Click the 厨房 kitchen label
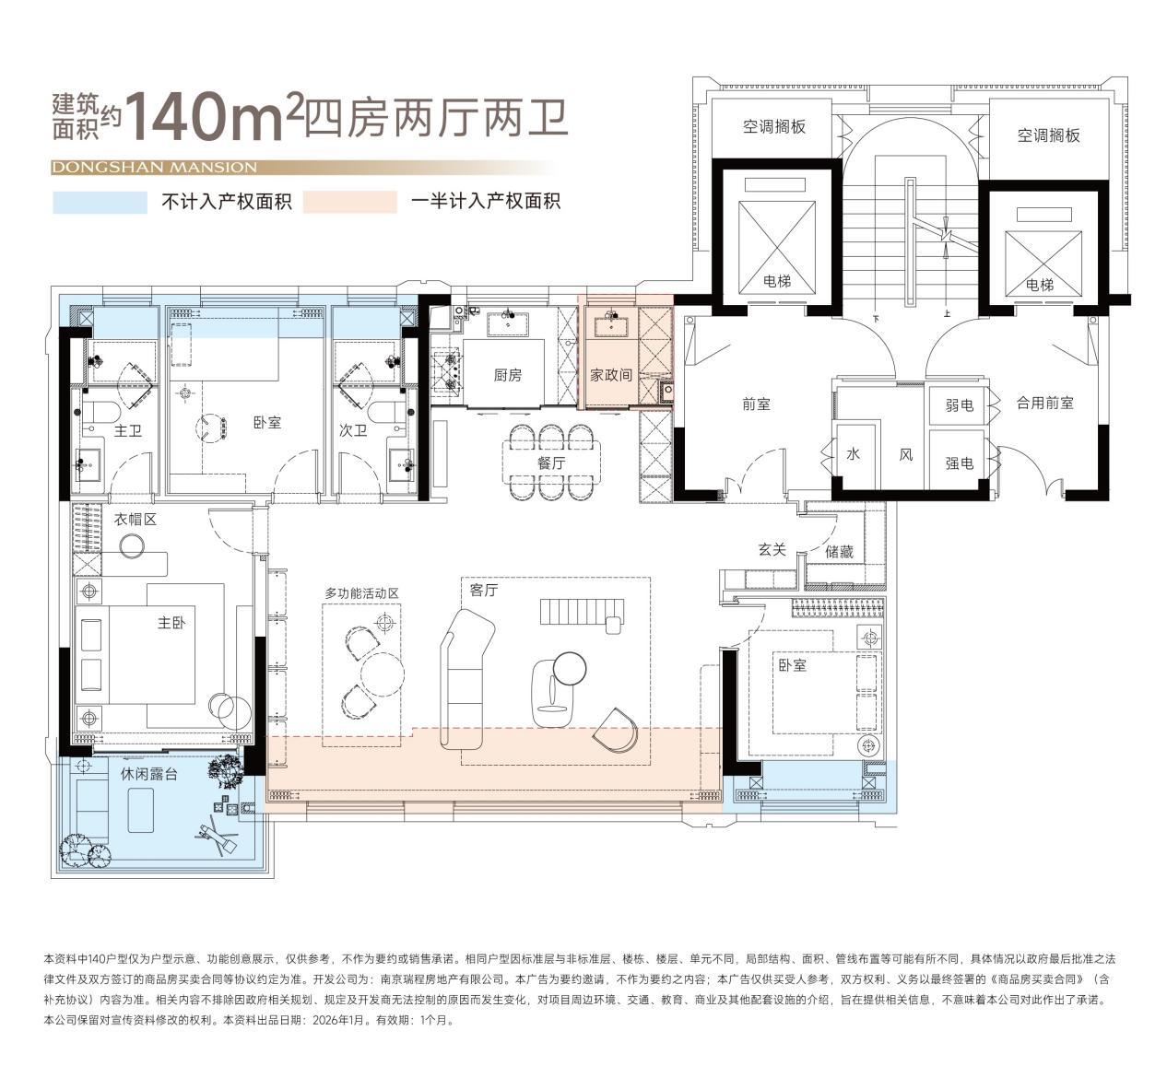click(507, 375)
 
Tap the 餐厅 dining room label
click(551, 463)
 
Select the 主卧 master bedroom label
click(171, 623)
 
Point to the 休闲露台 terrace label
click(149, 774)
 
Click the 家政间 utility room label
click(611, 375)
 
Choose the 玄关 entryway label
click(772, 549)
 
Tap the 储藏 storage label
click(839, 551)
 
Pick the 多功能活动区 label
click(362, 593)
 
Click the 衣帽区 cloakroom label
click(135, 520)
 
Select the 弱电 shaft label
click(960, 404)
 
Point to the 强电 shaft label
click(960, 463)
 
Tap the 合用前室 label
click(1044, 403)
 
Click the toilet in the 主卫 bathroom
click(100, 413)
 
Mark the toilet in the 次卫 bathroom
click(387, 413)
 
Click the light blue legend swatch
click(100, 203)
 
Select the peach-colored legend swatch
click(350, 203)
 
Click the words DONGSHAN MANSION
click(154, 168)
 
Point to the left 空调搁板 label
click(773, 127)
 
